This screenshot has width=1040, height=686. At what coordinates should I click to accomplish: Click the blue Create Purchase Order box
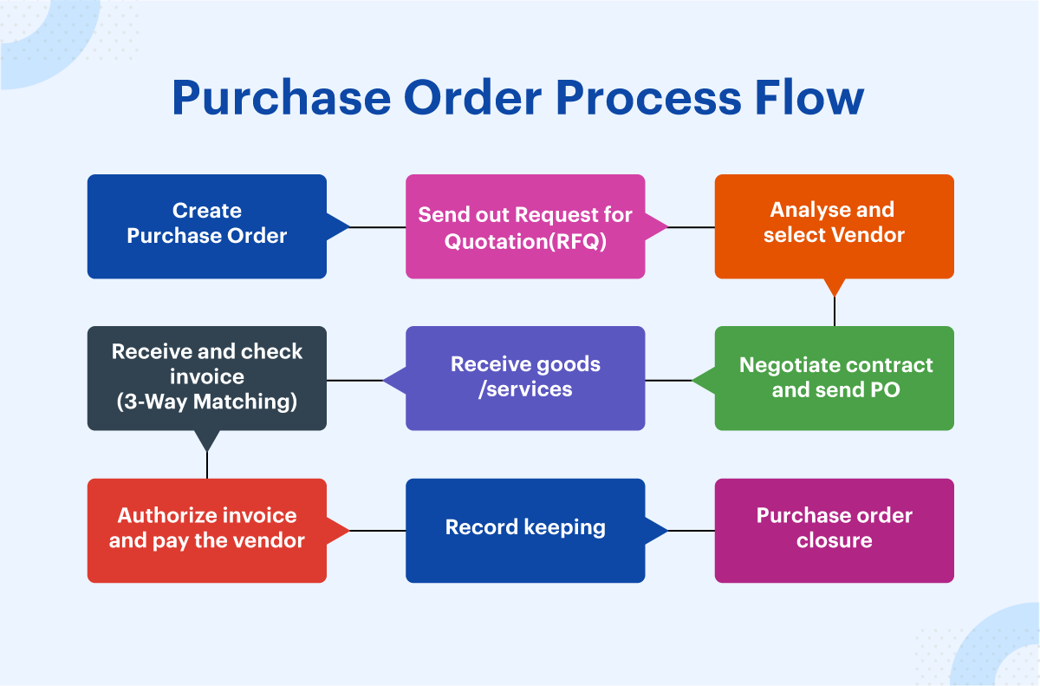pos(206,226)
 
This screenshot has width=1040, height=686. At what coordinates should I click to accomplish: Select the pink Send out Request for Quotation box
pos(525,226)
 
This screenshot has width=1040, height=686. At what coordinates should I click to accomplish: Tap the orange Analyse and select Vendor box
pos(834,226)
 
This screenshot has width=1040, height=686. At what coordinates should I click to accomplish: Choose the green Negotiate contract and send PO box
pos(834,378)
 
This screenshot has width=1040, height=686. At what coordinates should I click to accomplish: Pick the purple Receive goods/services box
pos(525,378)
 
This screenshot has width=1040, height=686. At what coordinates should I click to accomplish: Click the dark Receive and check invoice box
pos(206,378)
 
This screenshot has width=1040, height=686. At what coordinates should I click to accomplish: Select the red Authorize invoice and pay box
pos(206,530)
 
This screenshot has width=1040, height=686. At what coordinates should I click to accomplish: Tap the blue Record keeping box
pos(525,530)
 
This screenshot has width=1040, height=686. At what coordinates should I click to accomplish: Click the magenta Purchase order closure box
pos(834,530)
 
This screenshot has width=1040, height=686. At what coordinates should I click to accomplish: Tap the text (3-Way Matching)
pos(206,402)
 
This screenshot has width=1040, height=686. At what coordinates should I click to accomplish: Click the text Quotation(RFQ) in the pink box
pos(525,240)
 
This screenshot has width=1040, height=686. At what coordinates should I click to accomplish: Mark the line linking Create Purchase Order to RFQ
pos(378,227)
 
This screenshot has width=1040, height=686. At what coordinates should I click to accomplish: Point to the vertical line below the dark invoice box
pos(207,466)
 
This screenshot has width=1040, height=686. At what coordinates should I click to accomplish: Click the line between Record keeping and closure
pos(691,531)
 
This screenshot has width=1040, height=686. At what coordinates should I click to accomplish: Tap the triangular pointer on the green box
pos(703,380)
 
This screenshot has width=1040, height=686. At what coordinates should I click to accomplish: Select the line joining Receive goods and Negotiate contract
pos(668,380)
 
